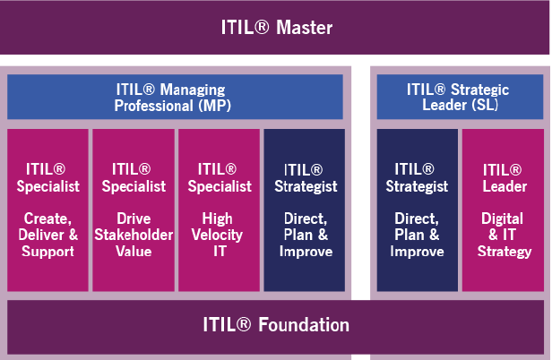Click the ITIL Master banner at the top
pos(276,27)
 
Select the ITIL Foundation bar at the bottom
pos(276,324)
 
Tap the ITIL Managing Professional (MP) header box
pos(175,97)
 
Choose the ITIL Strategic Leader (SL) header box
pos(458,97)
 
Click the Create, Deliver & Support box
pos(47,210)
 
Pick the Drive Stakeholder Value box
pos(134,210)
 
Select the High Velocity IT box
pos(219,210)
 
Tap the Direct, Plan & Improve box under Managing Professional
pos(304,210)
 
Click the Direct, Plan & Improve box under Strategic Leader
pos(417,210)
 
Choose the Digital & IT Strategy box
pos(503,210)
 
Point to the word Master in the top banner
pos(305,28)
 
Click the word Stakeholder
pos(134,236)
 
